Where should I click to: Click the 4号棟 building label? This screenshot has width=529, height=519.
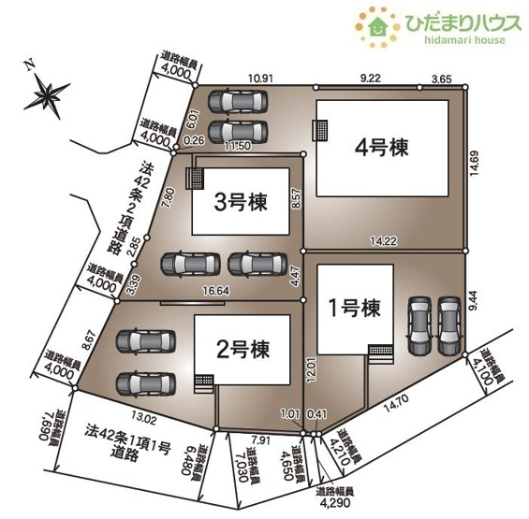click(x=384, y=147)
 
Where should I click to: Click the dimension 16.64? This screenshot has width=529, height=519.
click(x=218, y=292)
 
